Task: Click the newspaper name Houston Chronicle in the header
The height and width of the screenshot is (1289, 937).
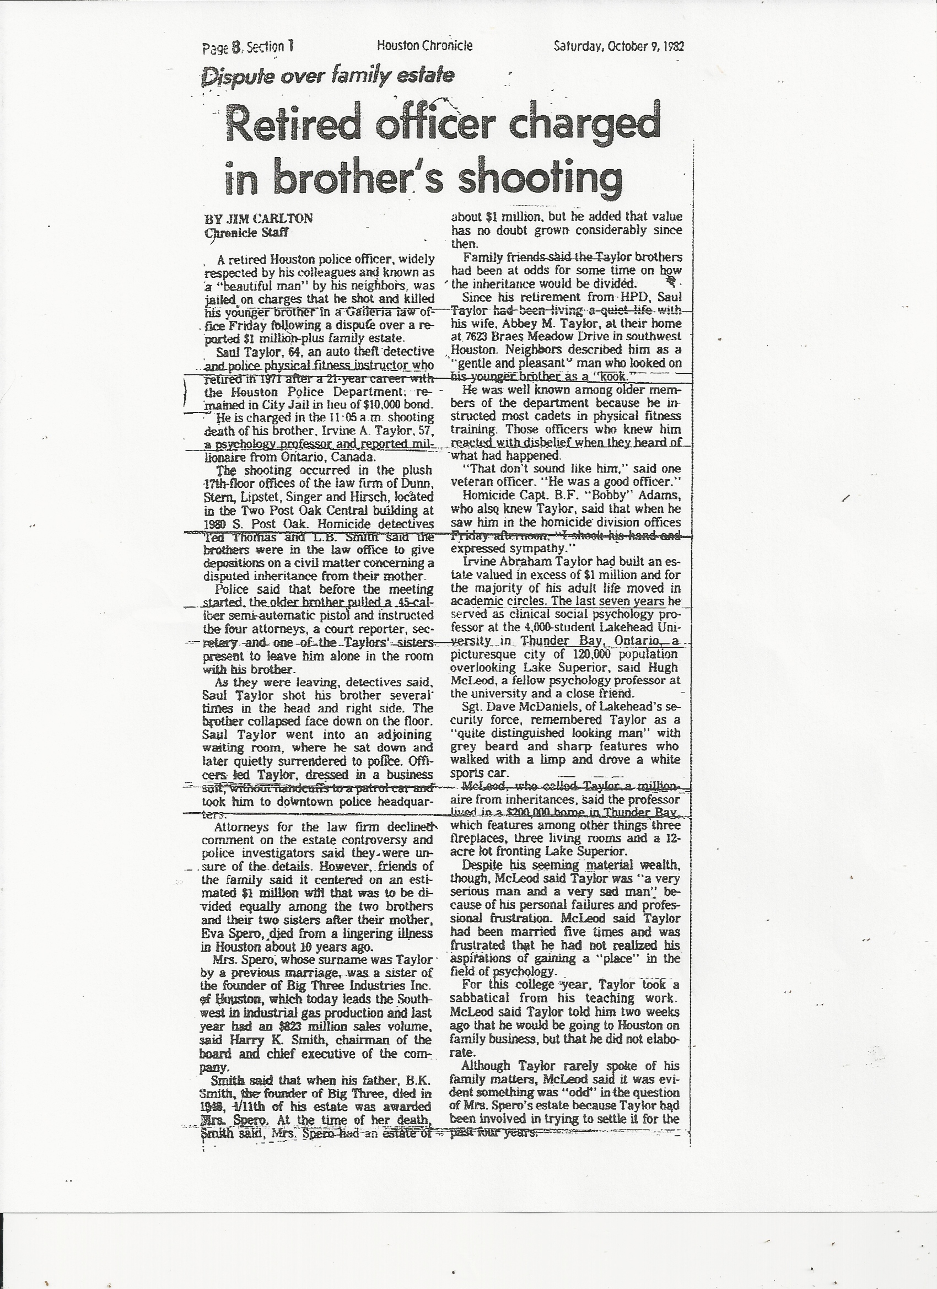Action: [424, 45]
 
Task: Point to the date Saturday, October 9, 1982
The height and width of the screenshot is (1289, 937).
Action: [618, 46]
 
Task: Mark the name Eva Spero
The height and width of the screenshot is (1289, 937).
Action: [233, 934]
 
